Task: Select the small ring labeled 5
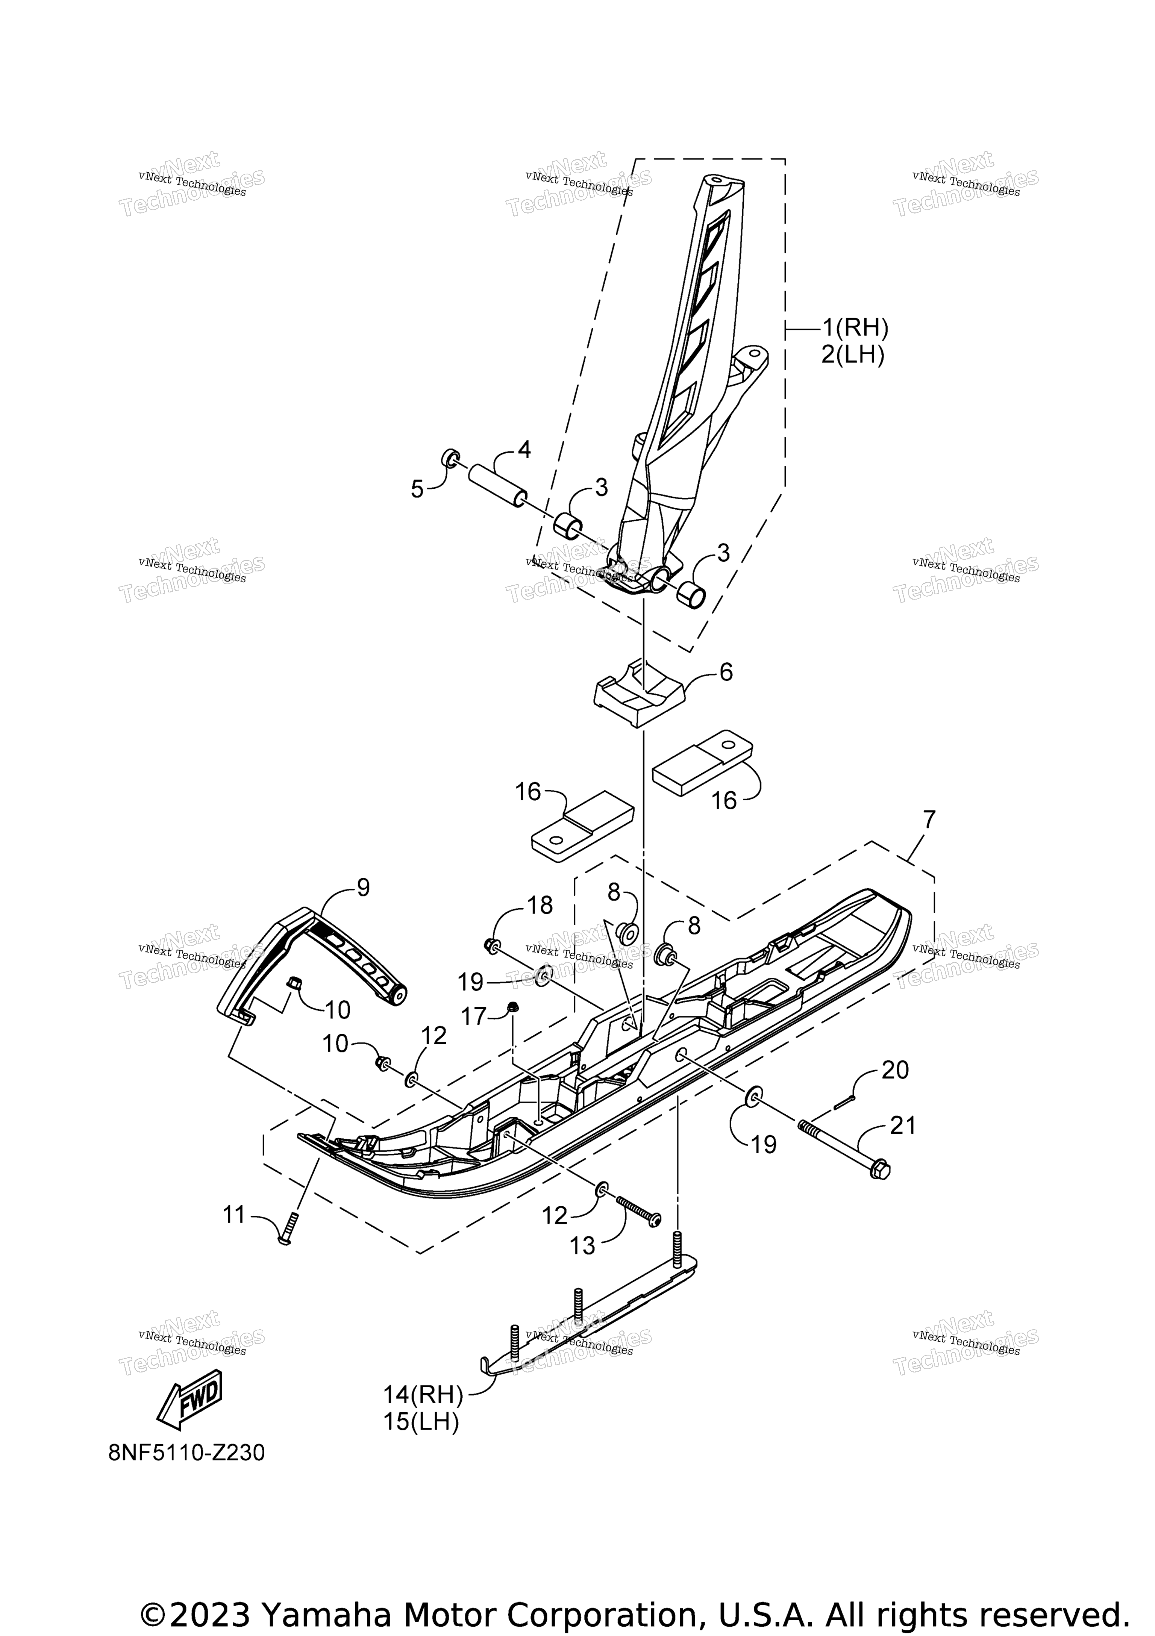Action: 450,457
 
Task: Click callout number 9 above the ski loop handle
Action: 364,888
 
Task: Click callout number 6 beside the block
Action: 726,671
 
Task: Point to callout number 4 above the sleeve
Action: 524,450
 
